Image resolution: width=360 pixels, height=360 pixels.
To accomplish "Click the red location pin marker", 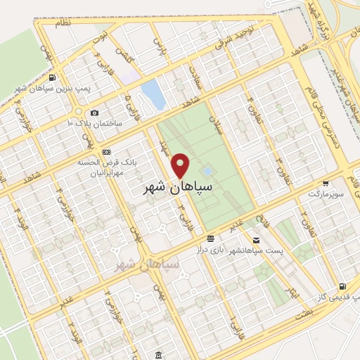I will tap(181, 165).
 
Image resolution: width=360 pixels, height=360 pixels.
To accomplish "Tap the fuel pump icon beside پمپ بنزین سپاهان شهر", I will tap(54, 77).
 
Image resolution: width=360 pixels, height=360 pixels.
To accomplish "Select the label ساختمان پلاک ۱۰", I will tap(95, 123).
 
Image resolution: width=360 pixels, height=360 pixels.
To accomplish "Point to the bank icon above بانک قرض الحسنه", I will tap(106, 152).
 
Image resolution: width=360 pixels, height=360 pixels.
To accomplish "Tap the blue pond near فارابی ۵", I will tap(150, 92).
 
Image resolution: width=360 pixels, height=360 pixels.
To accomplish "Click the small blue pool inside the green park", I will tap(207, 171).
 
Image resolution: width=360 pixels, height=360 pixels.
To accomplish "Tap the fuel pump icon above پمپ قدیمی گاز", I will tap(342, 287).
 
